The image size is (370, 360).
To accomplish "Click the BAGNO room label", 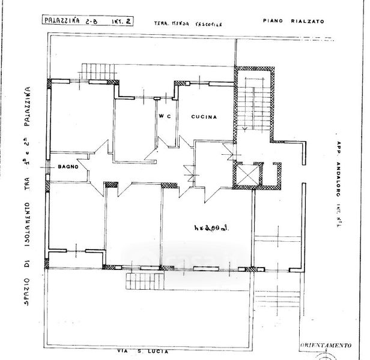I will (x=68, y=166).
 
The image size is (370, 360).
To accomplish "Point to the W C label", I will (x=166, y=116).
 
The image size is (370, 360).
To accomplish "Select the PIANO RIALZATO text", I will (x=294, y=21).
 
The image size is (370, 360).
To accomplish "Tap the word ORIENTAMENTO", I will (x=326, y=346).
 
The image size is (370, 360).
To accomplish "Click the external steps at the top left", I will (x=96, y=70).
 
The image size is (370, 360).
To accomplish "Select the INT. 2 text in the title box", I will (x=122, y=21).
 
